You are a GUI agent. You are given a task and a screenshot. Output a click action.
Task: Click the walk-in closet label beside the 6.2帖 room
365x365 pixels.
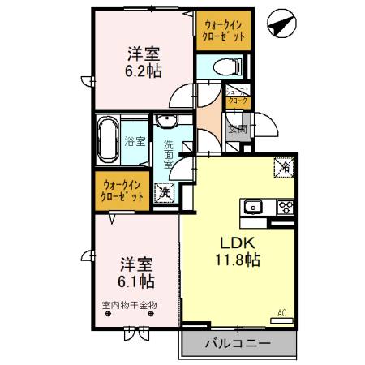(x=222, y=32)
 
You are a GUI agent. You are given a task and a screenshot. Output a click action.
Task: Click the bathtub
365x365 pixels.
(x=107, y=140)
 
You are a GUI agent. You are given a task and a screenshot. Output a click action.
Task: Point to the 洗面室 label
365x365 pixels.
(x=168, y=153)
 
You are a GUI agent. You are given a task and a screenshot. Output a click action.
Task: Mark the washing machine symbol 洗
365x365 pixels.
(x=165, y=194)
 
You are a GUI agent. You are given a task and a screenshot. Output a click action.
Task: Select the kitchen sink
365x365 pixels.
(x=254, y=206)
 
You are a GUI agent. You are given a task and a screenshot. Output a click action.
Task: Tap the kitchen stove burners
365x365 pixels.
(x=285, y=206)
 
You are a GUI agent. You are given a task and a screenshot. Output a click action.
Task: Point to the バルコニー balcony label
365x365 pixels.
(x=238, y=344)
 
